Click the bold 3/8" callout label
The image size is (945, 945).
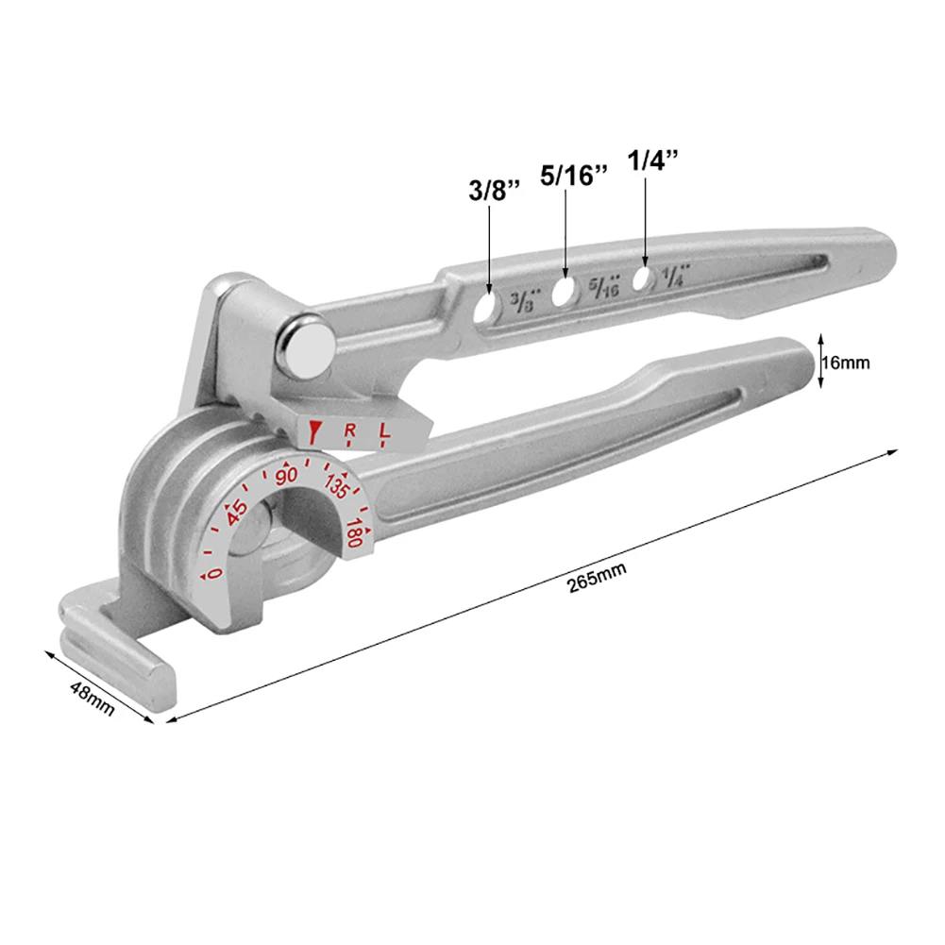(x=494, y=191)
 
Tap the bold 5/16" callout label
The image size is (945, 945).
(x=573, y=176)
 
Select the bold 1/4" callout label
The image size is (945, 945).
(x=652, y=160)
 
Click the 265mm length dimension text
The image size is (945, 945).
(x=597, y=578)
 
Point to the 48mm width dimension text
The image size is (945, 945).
(x=92, y=699)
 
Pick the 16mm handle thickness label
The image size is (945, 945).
(x=846, y=363)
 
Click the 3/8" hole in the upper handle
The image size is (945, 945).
(x=486, y=307)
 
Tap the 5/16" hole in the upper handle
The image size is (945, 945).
(x=563, y=292)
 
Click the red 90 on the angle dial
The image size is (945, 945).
(x=286, y=476)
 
